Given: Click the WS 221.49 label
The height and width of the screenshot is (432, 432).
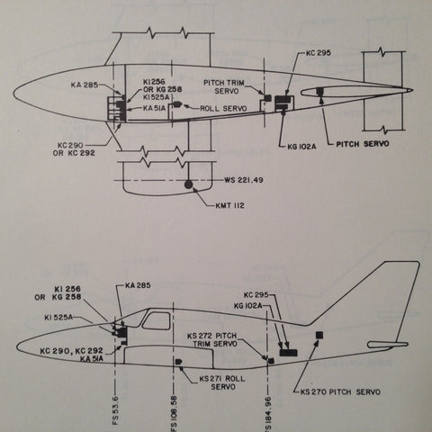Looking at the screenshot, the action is (x=244, y=180).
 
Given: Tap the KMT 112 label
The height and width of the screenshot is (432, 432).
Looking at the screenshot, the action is (x=229, y=205).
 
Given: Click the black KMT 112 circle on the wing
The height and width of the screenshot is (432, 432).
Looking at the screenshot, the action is (x=188, y=184).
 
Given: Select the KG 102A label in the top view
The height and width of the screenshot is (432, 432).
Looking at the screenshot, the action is (x=301, y=147).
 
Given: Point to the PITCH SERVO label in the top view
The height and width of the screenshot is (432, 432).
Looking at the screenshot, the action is (x=363, y=144).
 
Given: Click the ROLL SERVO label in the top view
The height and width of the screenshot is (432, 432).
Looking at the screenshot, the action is (x=223, y=108).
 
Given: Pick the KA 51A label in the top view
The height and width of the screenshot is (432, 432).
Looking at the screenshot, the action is (x=154, y=108).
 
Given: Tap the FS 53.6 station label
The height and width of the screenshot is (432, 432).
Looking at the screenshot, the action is (x=116, y=410).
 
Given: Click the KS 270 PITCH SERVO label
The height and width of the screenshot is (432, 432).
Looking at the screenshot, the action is (x=340, y=391).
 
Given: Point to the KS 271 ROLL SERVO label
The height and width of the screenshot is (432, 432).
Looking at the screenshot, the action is (x=222, y=382).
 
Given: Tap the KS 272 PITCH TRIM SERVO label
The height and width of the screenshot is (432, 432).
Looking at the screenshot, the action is (x=212, y=339).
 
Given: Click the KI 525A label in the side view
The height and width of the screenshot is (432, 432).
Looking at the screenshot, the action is (x=58, y=318).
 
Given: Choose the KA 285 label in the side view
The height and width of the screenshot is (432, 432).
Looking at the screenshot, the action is (x=138, y=285).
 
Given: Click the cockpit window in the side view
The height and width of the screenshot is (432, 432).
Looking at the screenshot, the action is (x=156, y=321).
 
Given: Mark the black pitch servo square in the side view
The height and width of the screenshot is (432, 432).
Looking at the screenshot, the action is (x=319, y=335).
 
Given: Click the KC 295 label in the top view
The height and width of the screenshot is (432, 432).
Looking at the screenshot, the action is (x=319, y=53).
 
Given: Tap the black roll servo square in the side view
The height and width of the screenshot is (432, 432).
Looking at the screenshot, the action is (x=178, y=362).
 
